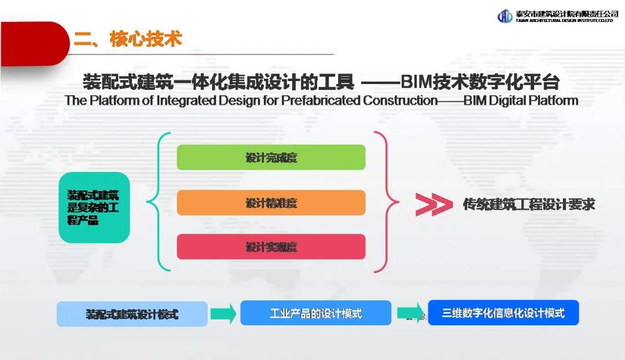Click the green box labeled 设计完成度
click(x=271, y=157)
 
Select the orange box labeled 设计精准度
click(x=271, y=203)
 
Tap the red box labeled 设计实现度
click(x=271, y=247)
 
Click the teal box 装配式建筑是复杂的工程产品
click(x=94, y=207)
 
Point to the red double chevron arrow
click(x=433, y=204)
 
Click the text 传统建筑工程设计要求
click(x=529, y=204)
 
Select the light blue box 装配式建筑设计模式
click(x=132, y=314)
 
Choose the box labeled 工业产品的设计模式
click(x=316, y=313)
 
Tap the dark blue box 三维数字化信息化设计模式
click(x=503, y=313)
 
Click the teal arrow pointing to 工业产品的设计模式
click(x=223, y=314)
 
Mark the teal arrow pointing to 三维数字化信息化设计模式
click(x=410, y=313)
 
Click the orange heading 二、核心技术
click(x=128, y=39)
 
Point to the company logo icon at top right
click(x=505, y=16)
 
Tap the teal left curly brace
click(x=158, y=201)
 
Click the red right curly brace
click(x=386, y=202)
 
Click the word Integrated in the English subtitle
click(x=186, y=101)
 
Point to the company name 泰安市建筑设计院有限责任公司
click(x=567, y=14)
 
